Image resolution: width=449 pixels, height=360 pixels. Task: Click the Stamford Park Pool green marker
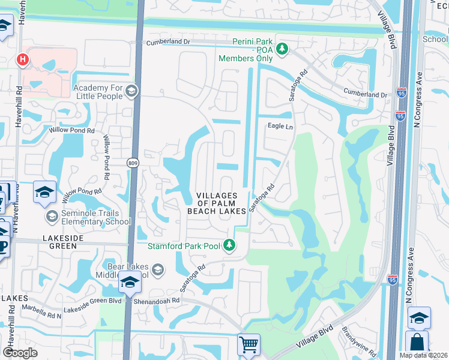tap(229, 244)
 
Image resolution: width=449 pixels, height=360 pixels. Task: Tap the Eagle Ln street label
tap(280, 127)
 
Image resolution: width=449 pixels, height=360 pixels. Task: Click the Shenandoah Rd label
tap(157, 301)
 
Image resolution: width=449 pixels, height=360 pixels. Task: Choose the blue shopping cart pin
tap(249, 345)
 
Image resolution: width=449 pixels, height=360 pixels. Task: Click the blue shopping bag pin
tap(417, 343)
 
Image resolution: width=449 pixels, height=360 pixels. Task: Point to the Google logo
tap(20, 353)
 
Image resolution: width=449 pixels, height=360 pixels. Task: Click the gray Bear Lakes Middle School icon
tap(158, 269)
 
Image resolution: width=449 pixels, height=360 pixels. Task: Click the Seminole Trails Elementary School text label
tap(95, 217)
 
